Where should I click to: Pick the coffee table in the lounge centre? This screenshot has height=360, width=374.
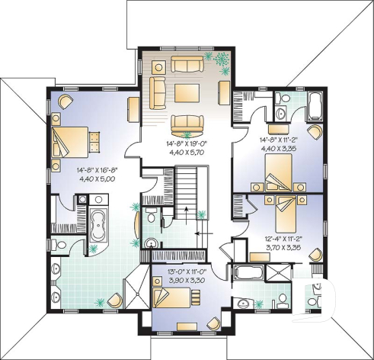186,93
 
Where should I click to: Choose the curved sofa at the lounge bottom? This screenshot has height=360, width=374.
186,123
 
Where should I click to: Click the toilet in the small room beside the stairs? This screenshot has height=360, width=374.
152,221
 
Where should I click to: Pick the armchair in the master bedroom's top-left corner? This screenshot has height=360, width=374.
64,102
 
